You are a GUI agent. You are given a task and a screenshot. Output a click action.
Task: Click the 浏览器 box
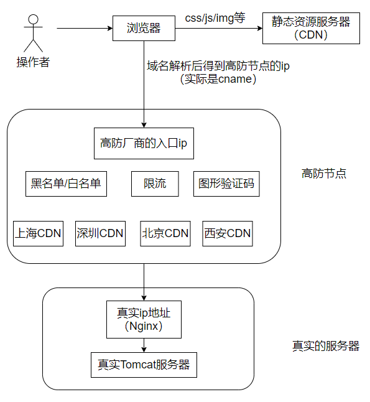pos(144,28)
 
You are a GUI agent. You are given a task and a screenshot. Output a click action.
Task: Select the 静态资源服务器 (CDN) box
pos(311,28)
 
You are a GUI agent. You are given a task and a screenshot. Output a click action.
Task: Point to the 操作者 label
pos(32,62)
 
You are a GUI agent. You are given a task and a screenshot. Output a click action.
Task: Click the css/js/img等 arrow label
pos(215,18)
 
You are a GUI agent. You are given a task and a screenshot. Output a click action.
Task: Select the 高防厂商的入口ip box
pos(144,143)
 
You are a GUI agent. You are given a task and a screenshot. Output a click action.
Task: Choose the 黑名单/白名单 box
pos(66,184)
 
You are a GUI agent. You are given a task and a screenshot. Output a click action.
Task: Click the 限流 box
pos(154,184)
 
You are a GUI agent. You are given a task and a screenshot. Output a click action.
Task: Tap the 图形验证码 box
pos(226,184)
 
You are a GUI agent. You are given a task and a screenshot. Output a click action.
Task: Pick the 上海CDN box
pos(38,233)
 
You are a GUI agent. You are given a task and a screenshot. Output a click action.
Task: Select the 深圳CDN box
pos(100,233)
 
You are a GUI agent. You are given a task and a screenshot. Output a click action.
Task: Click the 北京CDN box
pos(165,233)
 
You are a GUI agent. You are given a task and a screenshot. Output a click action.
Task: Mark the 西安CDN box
pos(228,233)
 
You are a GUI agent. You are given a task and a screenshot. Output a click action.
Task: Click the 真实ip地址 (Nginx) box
pos(144,319)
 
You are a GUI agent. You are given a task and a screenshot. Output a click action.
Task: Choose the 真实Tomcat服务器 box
pos(144,364)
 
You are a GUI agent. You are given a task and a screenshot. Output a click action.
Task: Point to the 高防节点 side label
pos(324,174)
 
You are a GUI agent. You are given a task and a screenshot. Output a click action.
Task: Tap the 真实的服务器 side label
pos(326,346)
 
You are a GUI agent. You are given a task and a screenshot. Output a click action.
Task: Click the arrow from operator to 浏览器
pos(84,28)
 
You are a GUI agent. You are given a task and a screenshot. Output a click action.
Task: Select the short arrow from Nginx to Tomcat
pos(144,344)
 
